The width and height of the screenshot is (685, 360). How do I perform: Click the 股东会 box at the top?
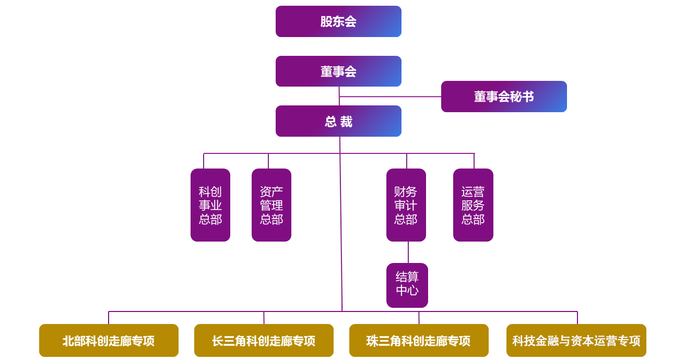[x=338, y=21]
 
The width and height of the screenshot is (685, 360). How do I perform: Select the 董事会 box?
[x=338, y=71]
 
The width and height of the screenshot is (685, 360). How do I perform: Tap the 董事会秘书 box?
[x=504, y=97]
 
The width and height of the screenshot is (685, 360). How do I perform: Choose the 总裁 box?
[x=338, y=121]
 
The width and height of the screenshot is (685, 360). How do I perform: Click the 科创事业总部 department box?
[x=210, y=205]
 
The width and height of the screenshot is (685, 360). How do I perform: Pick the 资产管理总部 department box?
[x=271, y=205]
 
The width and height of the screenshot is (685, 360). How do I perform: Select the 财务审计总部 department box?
[x=406, y=205]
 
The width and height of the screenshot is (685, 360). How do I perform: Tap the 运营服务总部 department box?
[x=473, y=205]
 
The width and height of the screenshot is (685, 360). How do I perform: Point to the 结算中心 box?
[x=407, y=285]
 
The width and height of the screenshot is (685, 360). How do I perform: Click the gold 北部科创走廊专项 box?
[x=109, y=341]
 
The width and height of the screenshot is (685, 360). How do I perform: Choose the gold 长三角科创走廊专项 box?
[x=264, y=341]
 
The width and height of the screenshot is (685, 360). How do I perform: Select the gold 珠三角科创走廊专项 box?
[x=419, y=341]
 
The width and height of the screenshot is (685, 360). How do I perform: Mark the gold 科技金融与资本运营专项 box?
[x=576, y=341]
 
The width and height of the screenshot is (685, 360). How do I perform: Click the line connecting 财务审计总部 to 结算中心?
[x=408, y=252]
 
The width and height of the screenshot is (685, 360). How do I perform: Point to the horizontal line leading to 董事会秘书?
[x=391, y=97]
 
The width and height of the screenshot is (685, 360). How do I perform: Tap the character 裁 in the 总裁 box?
[x=347, y=122]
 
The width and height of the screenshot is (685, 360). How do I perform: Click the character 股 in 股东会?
[x=326, y=21]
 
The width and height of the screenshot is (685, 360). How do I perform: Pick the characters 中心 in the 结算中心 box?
[x=407, y=291]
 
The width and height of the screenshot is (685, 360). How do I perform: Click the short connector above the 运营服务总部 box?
[x=474, y=161]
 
